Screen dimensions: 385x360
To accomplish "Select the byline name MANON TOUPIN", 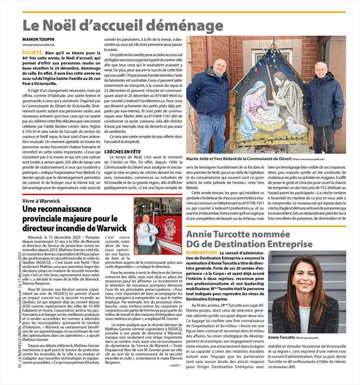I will tap(40, 38).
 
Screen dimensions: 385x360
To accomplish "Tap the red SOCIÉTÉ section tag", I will tap(33, 52).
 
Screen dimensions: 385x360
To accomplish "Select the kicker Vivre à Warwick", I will tap(41, 200).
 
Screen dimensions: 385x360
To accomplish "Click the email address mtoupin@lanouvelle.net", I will tap(42, 44).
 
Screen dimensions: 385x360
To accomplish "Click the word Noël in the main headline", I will tap(70, 26).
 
